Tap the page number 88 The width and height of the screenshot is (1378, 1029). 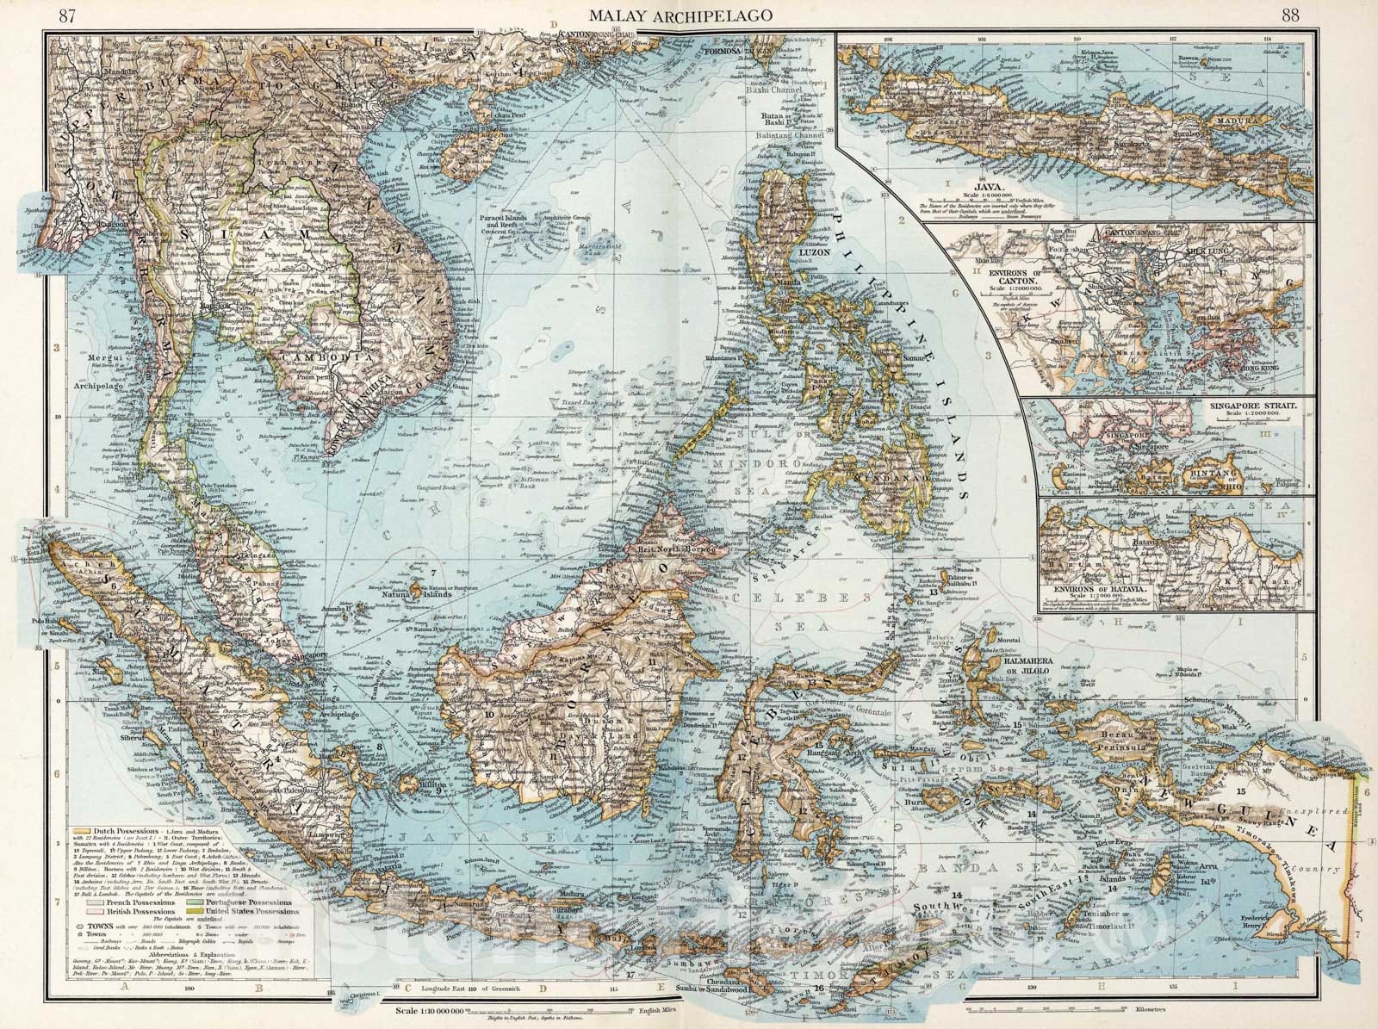[x=1290, y=15]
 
